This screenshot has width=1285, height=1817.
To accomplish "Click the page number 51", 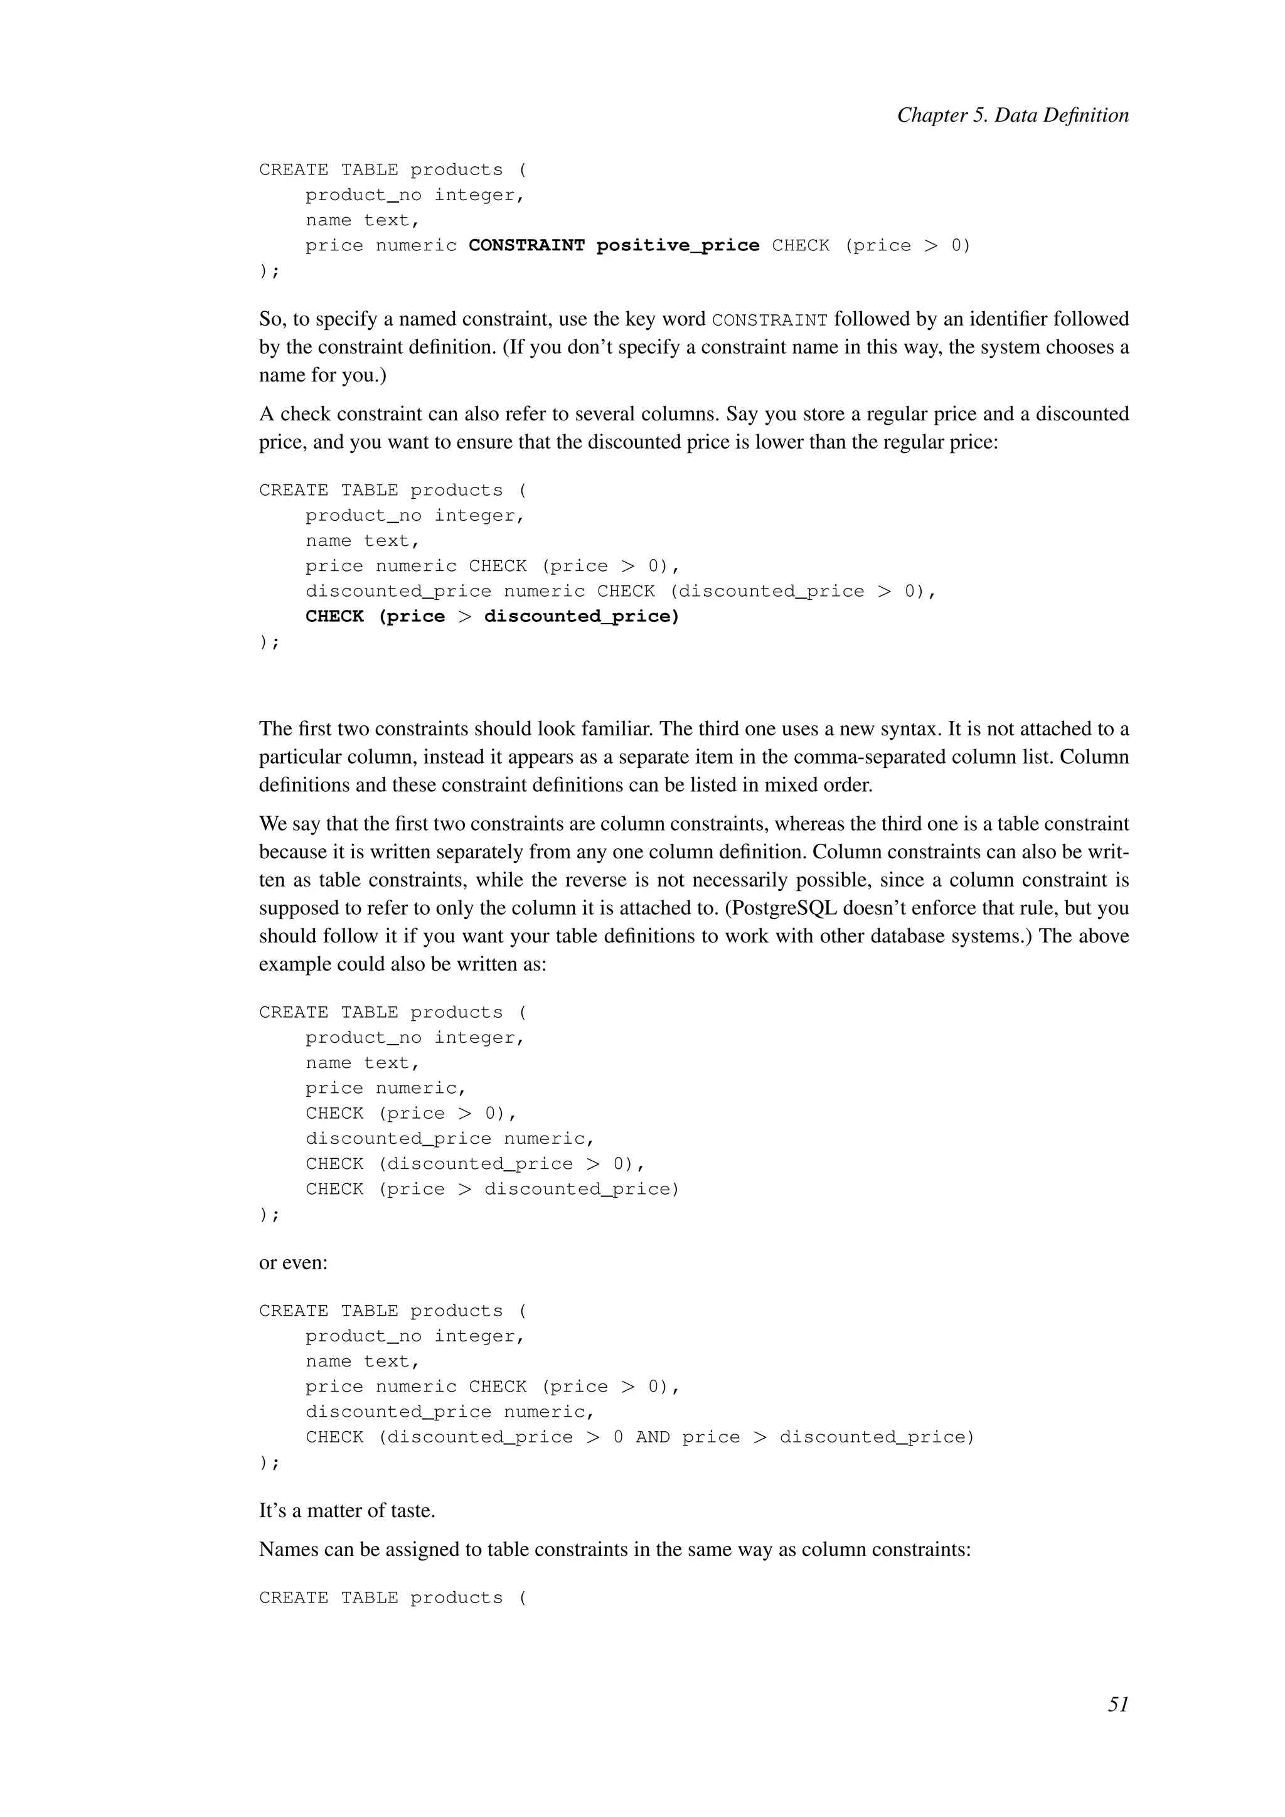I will [x=1118, y=1705].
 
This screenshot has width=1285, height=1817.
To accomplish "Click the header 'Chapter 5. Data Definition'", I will [x=1012, y=115].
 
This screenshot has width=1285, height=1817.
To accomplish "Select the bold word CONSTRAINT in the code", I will [x=526, y=246].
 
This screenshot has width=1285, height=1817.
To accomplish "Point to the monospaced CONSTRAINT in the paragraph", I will [x=769, y=321].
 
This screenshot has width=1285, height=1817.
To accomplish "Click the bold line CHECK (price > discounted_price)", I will [x=492, y=617].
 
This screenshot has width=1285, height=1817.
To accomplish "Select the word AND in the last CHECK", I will [x=652, y=1437].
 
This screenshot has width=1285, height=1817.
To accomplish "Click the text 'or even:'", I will [x=294, y=1262].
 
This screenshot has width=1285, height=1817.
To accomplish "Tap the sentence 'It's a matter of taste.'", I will [x=348, y=1510].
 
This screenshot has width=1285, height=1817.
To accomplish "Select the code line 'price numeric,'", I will [x=386, y=1088].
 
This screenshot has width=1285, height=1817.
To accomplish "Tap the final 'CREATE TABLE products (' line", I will [x=392, y=1598].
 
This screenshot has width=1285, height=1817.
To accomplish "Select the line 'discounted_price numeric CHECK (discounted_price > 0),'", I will [x=621, y=591].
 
